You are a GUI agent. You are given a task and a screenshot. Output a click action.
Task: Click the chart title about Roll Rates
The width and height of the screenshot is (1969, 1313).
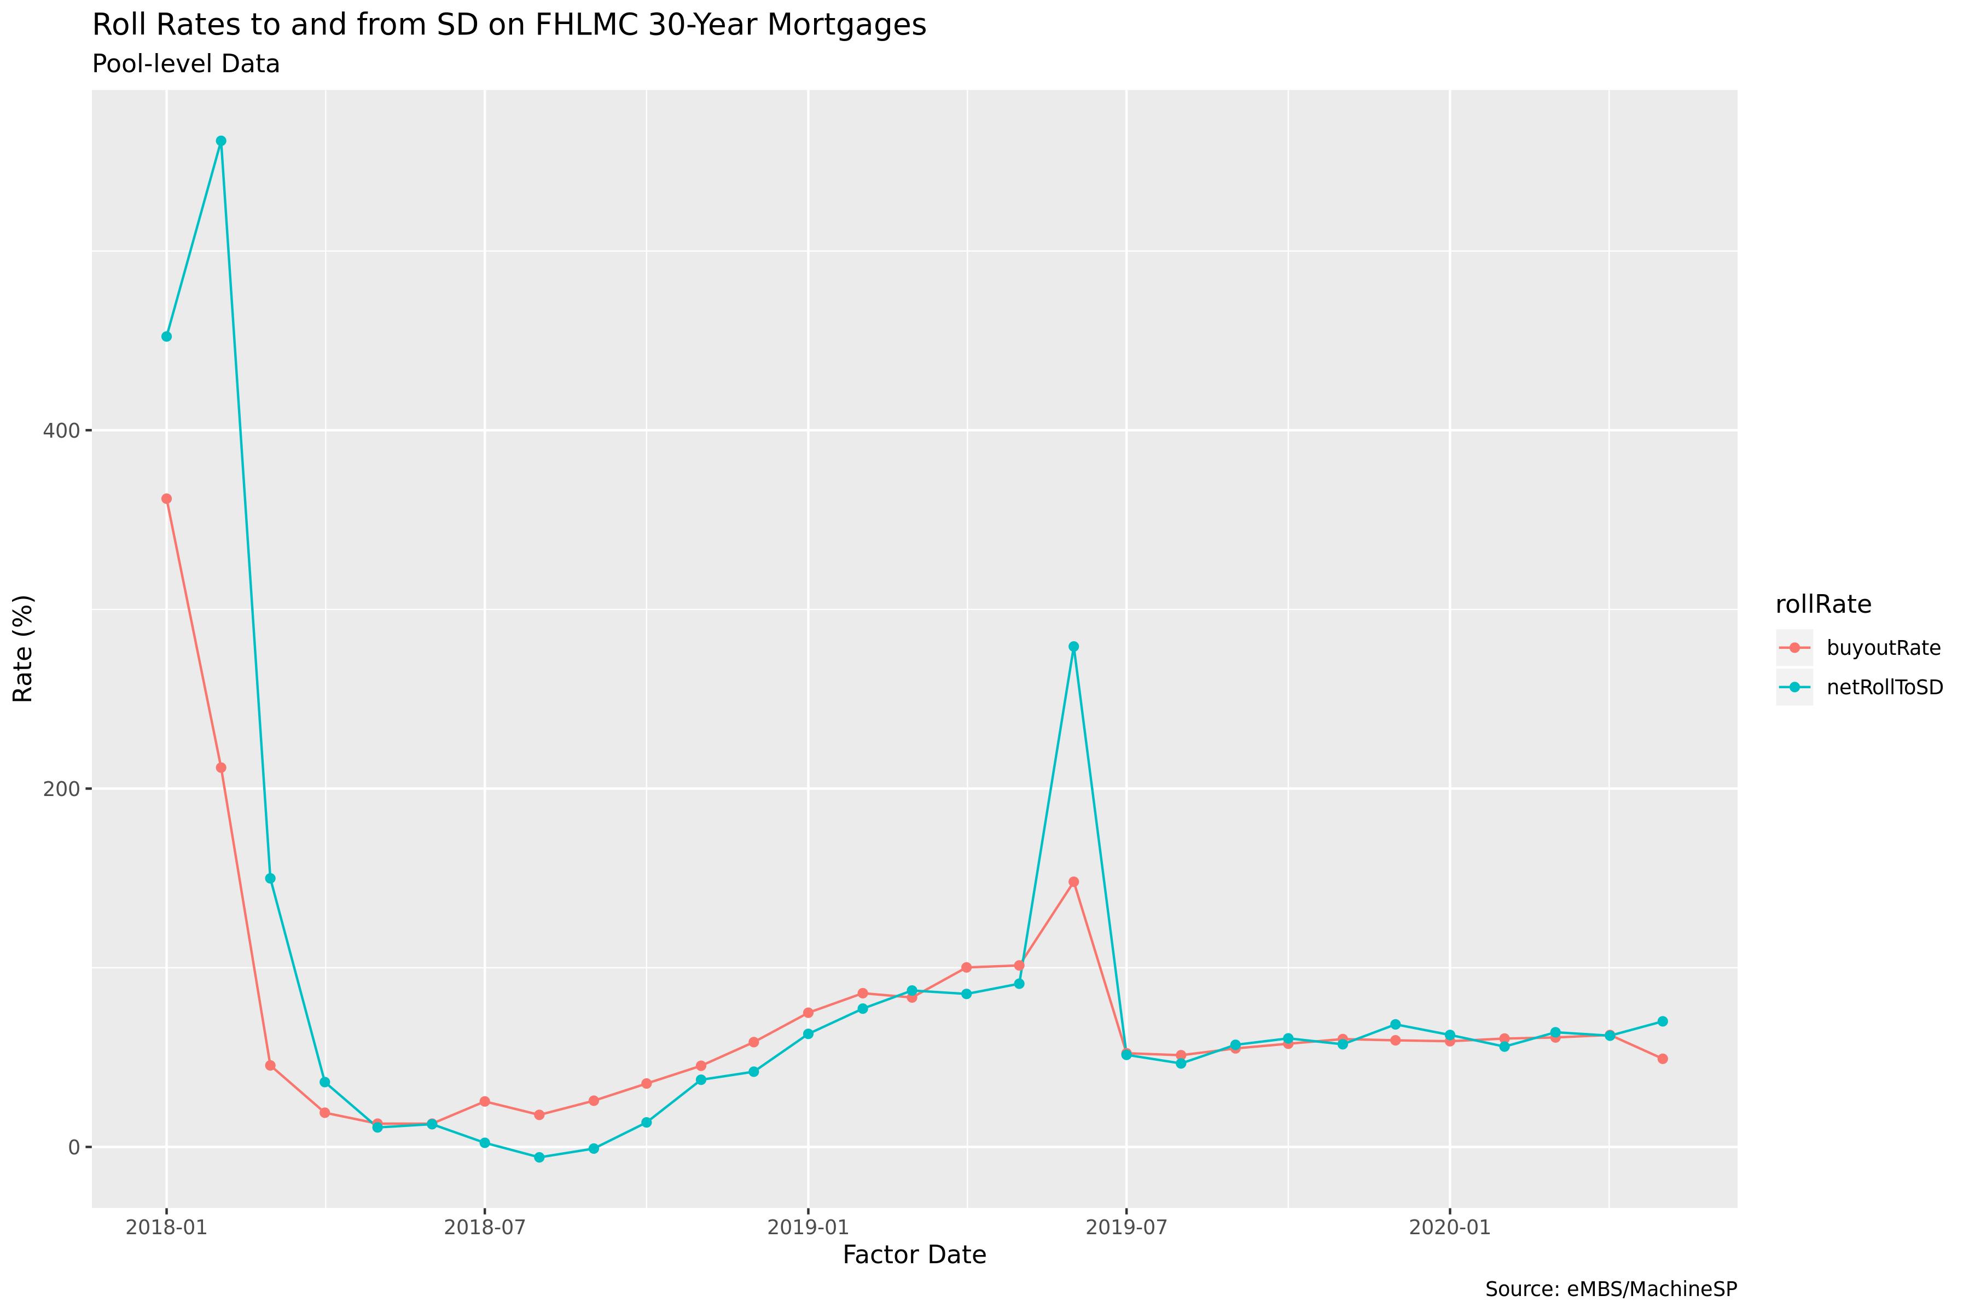[509, 26]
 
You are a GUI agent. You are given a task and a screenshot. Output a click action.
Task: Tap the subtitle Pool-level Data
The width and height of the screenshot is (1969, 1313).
[186, 65]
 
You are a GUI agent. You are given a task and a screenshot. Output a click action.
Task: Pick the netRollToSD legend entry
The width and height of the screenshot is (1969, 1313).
[1884, 688]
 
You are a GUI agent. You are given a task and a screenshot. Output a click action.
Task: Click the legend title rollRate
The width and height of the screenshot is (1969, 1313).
[1823, 604]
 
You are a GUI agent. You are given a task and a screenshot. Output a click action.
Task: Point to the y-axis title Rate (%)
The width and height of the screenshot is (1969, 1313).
[24, 649]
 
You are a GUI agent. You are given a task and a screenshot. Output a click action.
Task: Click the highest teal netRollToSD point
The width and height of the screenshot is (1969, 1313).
[221, 141]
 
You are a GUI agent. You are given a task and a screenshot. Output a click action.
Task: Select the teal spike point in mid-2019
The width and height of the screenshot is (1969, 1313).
[1074, 647]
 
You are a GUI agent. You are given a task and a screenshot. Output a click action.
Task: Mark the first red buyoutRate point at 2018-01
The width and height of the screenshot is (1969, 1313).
[167, 499]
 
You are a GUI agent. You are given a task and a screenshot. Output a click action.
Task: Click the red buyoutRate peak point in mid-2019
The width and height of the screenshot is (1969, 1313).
[1074, 882]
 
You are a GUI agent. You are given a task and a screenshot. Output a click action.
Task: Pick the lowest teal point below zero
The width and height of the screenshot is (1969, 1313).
[539, 1157]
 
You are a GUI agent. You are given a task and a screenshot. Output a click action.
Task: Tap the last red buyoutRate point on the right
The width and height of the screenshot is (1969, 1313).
[1663, 1059]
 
